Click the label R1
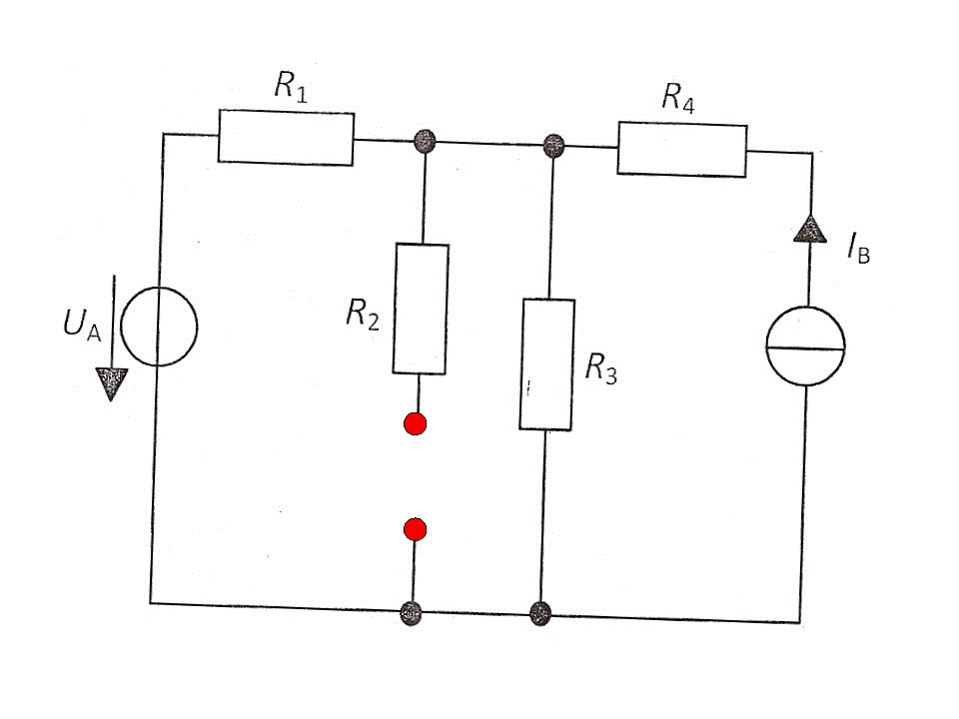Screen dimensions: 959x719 [x=291, y=86]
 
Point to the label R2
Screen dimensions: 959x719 [x=362, y=315]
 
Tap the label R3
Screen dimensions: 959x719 [x=600, y=368]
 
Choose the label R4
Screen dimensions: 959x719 [x=677, y=98]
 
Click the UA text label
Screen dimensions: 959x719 [x=82, y=324]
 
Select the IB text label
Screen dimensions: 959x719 [x=858, y=248]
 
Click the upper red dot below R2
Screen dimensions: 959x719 [x=416, y=423]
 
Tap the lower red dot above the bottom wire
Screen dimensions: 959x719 [x=416, y=529]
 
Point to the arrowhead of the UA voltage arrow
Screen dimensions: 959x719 [x=111, y=383]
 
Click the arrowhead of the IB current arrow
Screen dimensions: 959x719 [x=810, y=230]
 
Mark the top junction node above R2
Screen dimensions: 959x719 [x=426, y=141]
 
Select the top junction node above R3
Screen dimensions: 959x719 [x=553, y=146]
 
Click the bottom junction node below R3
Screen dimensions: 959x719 [x=540, y=613]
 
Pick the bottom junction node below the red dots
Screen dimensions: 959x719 [x=411, y=613]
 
